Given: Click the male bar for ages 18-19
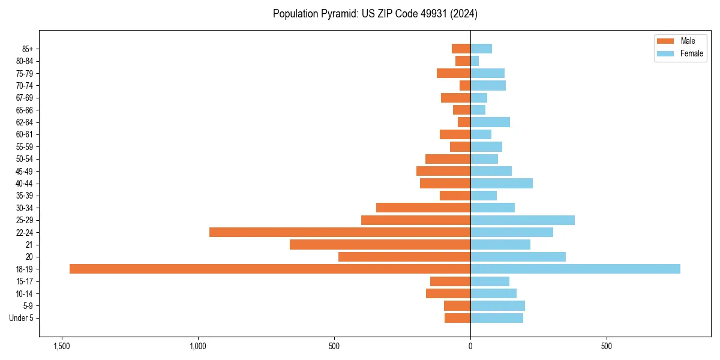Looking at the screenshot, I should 270,269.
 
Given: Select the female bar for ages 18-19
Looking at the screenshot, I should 575,269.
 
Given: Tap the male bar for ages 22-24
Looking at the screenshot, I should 340,232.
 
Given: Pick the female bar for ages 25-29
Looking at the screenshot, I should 522,220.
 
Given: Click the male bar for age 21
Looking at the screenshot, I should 380,245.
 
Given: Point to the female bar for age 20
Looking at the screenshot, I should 518,257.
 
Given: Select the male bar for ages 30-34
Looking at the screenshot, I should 423,208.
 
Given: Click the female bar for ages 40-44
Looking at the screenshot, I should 501,184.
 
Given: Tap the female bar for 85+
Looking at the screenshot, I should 481,49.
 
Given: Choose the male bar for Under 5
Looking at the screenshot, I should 457,318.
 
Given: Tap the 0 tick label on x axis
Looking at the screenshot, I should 470,347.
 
